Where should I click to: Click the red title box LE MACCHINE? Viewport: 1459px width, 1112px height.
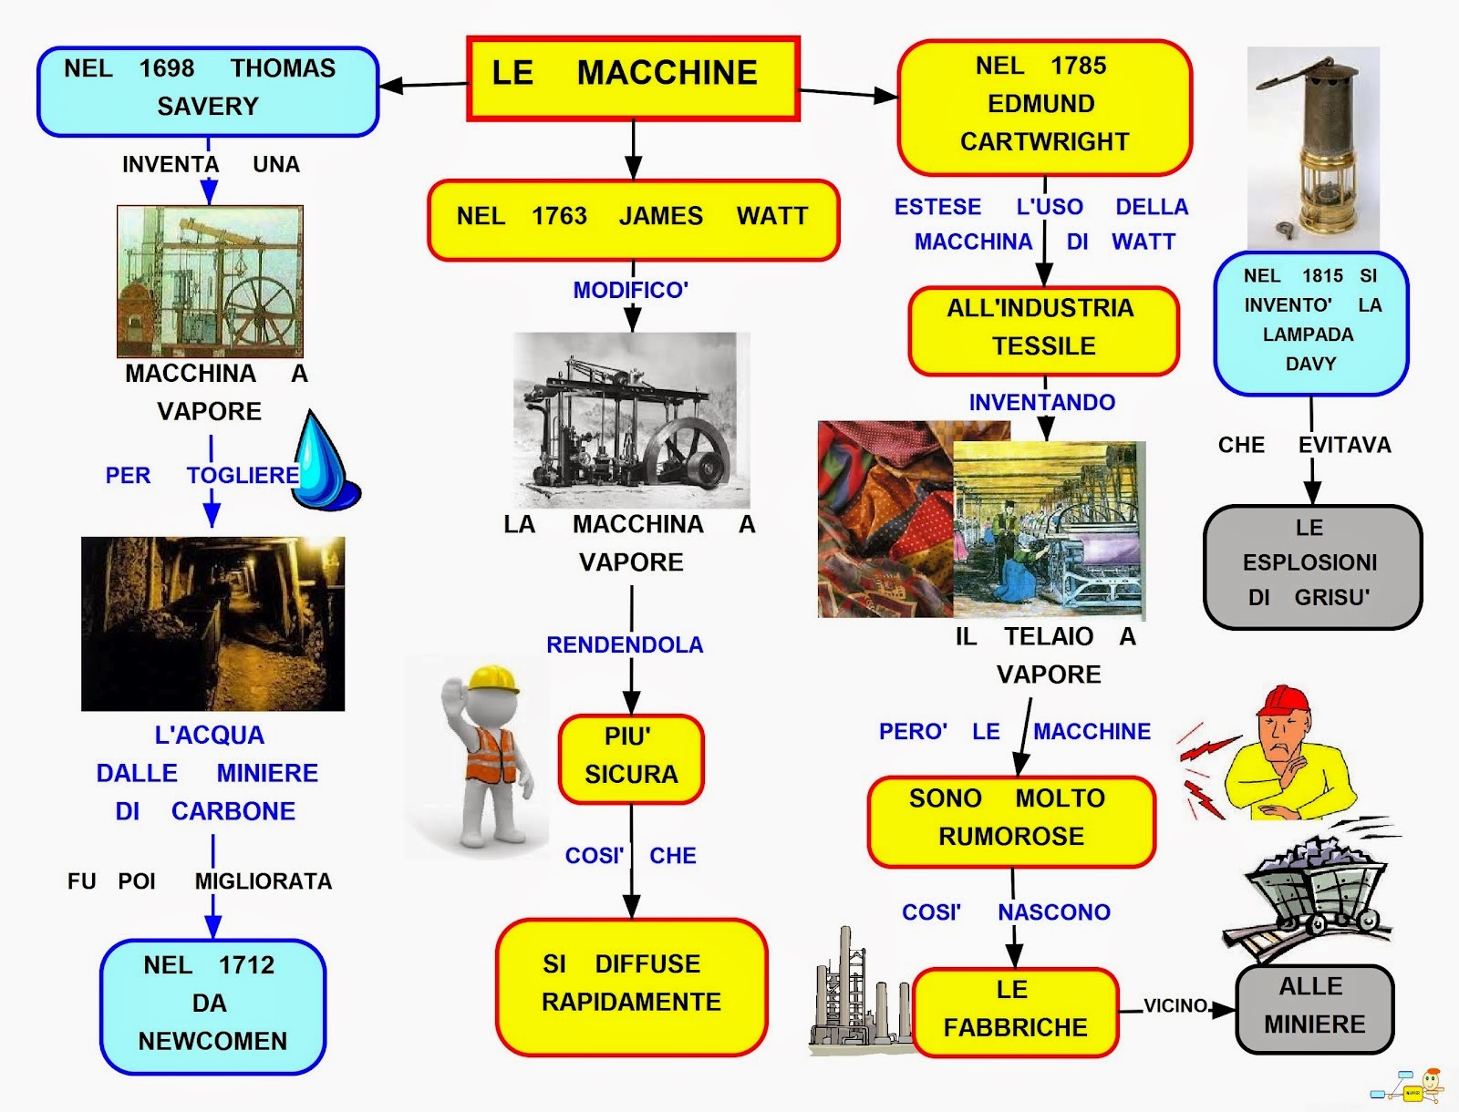coord(633,78)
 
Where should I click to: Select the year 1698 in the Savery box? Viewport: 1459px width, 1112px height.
coord(167,68)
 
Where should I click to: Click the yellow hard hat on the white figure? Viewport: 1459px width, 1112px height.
coord(493,678)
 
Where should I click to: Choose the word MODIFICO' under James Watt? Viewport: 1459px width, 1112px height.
coord(630,290)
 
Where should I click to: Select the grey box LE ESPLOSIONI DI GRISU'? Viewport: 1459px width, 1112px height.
coord(1312,566)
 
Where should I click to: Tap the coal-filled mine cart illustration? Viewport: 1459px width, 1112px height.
coord(1313,889)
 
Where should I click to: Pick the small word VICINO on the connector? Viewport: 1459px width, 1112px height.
coord(1175,1005)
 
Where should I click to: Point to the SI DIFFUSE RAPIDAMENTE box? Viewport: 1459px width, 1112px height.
coord(631,985)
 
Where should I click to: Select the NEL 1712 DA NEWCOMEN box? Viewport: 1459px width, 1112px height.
coord(212,1005)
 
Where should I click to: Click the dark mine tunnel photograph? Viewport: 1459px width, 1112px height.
coord(212,623)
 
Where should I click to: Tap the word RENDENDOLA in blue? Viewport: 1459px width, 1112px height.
coord(625,645)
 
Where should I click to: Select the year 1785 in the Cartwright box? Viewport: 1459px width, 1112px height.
coord(1078,66)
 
